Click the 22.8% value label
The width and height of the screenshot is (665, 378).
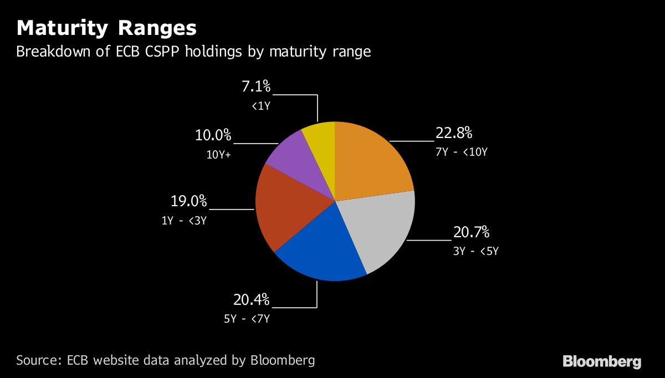453,133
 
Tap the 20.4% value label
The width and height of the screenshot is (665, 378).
251,300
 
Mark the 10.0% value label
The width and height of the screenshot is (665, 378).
213,136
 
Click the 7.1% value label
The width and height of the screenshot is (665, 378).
255,87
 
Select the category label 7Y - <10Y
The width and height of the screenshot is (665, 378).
462,151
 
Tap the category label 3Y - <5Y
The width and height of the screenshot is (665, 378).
476,251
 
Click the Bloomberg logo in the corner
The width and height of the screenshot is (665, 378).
602,362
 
